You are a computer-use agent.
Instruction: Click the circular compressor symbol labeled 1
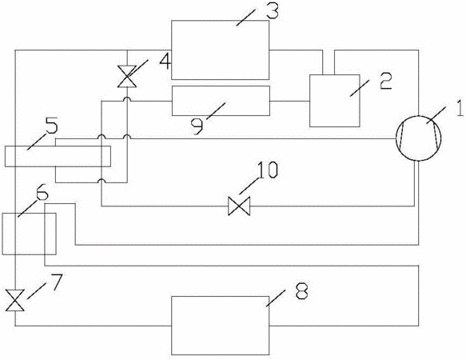click(419, 138)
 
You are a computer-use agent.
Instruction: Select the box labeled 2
click(335, 101)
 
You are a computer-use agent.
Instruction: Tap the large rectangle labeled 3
click(221, 50)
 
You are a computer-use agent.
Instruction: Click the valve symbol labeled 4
click(127, 77)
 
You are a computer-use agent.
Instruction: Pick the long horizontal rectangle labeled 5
click(58, 156)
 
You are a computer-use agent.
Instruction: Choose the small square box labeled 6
click(29, 234)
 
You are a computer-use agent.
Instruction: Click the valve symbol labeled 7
click(15, 300)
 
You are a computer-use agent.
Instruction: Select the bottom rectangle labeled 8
click(221, 325)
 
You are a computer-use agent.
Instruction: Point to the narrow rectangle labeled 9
click(221, 101)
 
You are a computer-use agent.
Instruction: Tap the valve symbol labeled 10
click(239, 206)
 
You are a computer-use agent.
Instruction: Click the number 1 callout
click(459, 108)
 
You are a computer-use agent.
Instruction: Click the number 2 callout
click(386, 81)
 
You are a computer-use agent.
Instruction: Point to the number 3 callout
click(273, 10)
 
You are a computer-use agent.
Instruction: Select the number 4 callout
click(165, 61)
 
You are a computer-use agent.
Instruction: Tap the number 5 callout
click(51, 126)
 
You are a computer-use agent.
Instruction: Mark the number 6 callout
click(42, 193)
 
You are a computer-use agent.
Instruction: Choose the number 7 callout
click(56, 282)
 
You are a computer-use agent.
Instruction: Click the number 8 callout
click(302, 290)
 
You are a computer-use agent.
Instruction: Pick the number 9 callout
click(197, 126)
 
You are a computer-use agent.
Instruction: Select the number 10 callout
click(268, 170)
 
